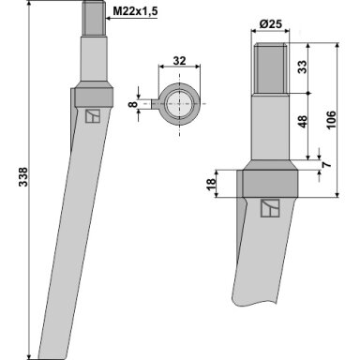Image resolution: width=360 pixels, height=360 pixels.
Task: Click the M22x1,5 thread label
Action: pyautogui.click(x=135, y=12)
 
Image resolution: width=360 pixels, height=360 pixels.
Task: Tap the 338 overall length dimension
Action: pyautogui.click(x=23, y=177)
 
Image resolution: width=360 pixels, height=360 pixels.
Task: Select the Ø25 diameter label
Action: pyautogui.click(x=271, y=23)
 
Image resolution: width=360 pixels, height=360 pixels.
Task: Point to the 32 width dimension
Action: pyautogui.click(x=179, y=61)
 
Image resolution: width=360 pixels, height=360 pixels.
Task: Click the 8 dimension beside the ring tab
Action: pyautogui.click(x=133, y=104)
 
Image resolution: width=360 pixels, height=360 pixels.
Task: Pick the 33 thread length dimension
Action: pyautogui.click(x=302, y=67)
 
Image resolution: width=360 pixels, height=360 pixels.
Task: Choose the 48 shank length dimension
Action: pyautogui.click(x=302, y=122)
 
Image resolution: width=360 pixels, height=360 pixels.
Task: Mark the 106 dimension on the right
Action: pyautogui.click(x=331, y=119)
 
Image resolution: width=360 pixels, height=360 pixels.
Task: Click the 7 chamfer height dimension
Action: pyautogui.click(x=327, y=163)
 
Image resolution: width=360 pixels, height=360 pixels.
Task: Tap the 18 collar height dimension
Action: pyautogui.click(x=211, y=184)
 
